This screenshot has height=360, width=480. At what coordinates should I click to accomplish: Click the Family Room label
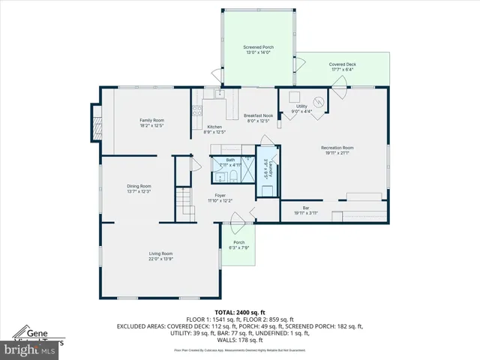[x=151, y=120]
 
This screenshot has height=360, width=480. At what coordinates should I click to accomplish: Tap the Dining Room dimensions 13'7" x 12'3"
[x=139, y=192]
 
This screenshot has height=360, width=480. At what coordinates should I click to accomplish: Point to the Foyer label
[x=220, y=195]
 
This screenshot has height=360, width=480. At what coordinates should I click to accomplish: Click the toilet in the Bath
[x=233, y=176]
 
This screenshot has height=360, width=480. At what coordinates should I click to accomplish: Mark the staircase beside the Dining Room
[x=184, y=201]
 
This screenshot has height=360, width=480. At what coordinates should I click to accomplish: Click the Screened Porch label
[x=258, y=47]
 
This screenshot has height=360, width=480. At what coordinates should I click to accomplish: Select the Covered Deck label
[x=342, y=64]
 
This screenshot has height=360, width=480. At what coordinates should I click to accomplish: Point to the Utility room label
[x=301, y=106]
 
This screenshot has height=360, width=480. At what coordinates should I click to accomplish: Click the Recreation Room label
[x=337, y=148]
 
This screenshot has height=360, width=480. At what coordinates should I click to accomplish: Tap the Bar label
[x=306, y=208]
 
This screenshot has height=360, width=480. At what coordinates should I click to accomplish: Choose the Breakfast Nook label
[x=256, y=115]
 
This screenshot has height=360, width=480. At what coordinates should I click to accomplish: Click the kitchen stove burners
[x=197, y=111]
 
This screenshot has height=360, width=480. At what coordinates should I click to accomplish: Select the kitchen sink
[x=219, y=94]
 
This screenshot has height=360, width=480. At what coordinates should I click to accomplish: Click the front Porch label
[x=238, y=242]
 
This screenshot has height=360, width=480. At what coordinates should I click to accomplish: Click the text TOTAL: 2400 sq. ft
[x=239, y=311]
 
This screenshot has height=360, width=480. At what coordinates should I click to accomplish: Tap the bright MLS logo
[x=32, y=349]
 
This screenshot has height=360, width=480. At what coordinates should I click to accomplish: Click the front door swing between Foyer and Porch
[x=238, y=218]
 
